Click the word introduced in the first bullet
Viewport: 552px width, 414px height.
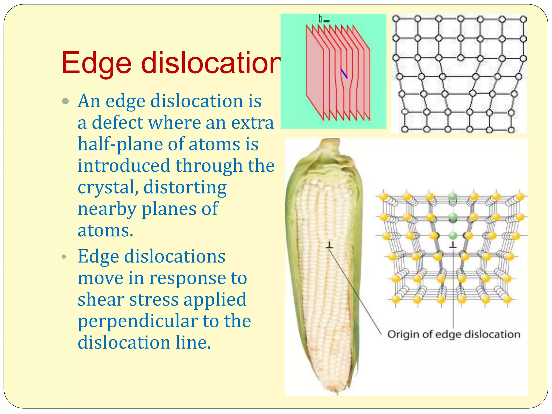coord(124,165)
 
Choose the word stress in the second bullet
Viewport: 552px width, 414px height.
coord(154,300)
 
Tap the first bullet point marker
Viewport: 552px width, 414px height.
coord(65,102)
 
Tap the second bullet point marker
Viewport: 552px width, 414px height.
coord(64,257)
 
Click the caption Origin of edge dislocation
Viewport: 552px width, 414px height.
coord(454,334)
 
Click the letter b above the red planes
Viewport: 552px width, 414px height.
coord(320,19)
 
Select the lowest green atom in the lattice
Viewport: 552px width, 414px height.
coord(453,236)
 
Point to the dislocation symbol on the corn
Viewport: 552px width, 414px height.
coord(329,245)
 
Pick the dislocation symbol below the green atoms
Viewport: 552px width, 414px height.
coord(453,245)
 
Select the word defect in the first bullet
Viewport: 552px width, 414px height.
coord(118,123)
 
